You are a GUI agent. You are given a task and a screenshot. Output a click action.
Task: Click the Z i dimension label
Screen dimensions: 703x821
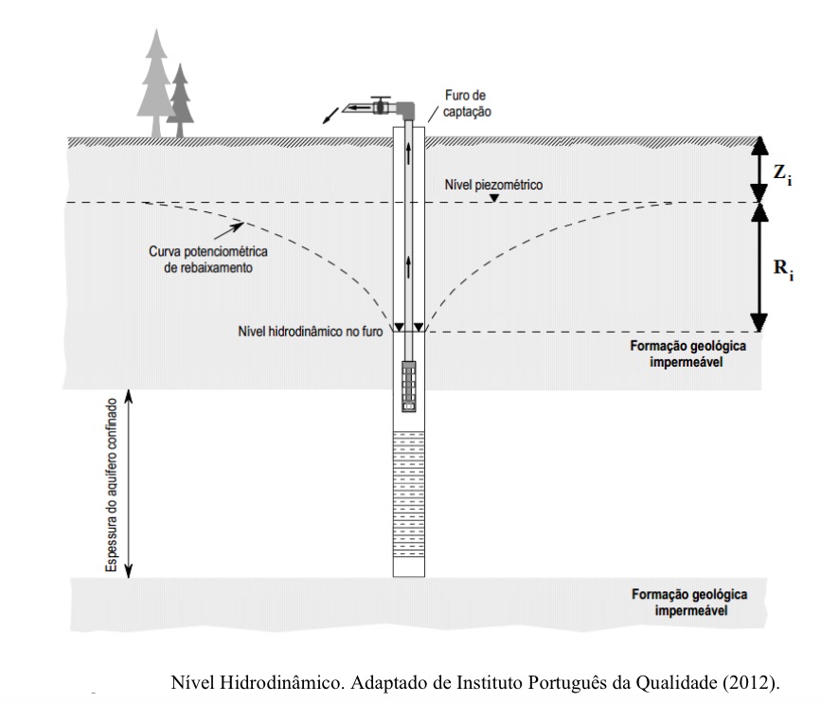783,172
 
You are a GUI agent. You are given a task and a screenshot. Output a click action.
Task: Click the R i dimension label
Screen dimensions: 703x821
783,269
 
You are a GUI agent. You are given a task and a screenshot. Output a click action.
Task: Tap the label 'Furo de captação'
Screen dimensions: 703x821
465,103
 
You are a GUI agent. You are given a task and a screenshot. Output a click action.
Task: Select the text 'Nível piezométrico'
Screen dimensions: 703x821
493,186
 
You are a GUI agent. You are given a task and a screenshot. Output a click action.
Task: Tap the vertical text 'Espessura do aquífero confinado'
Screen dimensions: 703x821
112,486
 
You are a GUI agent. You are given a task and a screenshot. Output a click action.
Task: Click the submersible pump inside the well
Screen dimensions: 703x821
409,384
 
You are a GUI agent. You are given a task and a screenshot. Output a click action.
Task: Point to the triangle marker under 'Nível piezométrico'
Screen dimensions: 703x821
493,197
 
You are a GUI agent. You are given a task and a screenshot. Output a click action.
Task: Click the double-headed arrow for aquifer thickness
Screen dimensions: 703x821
131,484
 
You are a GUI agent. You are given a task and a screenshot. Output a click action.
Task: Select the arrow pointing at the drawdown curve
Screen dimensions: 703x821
226,227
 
